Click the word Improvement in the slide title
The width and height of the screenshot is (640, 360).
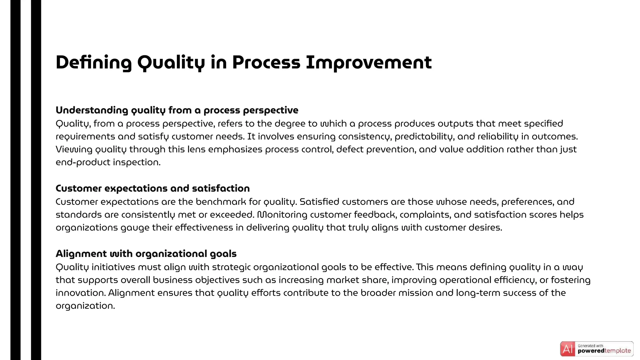point(369,62)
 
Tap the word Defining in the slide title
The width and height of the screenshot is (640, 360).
point(93,62)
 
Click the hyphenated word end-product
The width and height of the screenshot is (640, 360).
point(83,162)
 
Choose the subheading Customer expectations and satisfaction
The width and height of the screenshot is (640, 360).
point(152,188)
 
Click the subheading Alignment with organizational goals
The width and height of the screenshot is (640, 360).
point(146,254)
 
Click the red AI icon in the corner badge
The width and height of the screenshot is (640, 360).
point(567,349)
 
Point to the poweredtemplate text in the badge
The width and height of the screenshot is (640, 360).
point(604,351)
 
